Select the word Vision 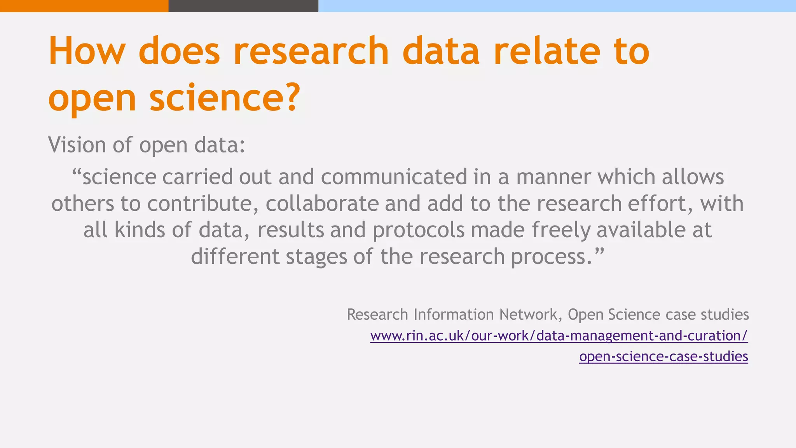pyautogui.click(x=77, y=145)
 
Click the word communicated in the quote pyautogui.click(x=394, y=177)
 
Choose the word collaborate pyautogui.click(x=322, y=203)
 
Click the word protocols pyautogui.click(x=419, y=230)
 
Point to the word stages pyautogui.click(x=316, y=256)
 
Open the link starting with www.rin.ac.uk pyautogui.click(x=559, y=336)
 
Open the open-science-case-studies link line pyautogui.click(x=663, y=356)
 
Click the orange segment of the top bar pyautogui.click(x=84, y=6)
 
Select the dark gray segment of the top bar pyautogui.click(x=243, y=6)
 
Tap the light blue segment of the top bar pyautogui.click(x=557, y=6)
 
